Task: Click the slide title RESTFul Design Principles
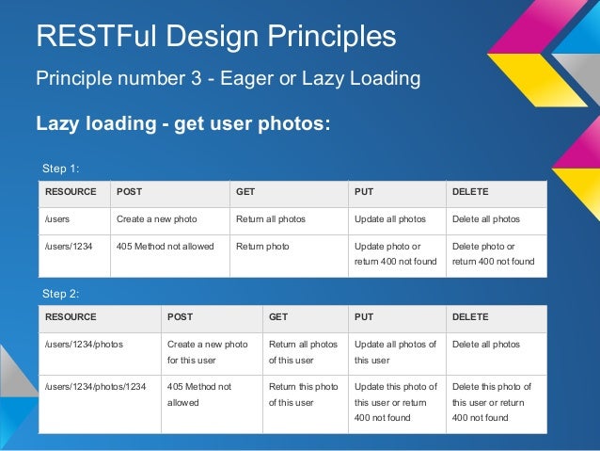pos(215,37)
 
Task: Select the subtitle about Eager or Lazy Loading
pos(228,78)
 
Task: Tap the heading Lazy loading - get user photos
pos(182,123)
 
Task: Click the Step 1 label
pos(61,169)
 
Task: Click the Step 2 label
pos(61,294)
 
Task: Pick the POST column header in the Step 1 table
pos(129,192)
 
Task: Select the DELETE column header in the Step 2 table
pos(471,317)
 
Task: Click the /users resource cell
pos(57,219)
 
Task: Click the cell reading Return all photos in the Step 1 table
pos(271,219)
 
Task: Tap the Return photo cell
pos(262,247)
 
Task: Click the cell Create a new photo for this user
pos(207,352)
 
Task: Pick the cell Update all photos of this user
pos(395,352)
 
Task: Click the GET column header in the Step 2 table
pos(279,317)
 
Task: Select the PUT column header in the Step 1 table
pos(363,192)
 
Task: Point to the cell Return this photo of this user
pos(303,395)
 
